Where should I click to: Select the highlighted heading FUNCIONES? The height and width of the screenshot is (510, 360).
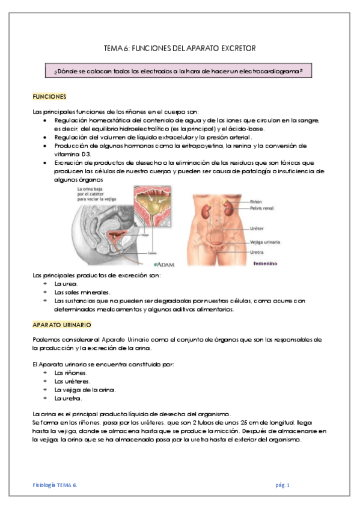pyautogui.click(x=49, y=96)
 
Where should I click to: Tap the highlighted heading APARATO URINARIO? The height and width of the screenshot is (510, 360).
pyautogui.click(x=62, y=325)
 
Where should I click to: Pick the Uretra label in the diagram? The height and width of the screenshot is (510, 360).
pyautogui.click(x=275, y=251)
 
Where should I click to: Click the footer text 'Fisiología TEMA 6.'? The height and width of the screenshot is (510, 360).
pyautogui.click(x=55, y=485)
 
